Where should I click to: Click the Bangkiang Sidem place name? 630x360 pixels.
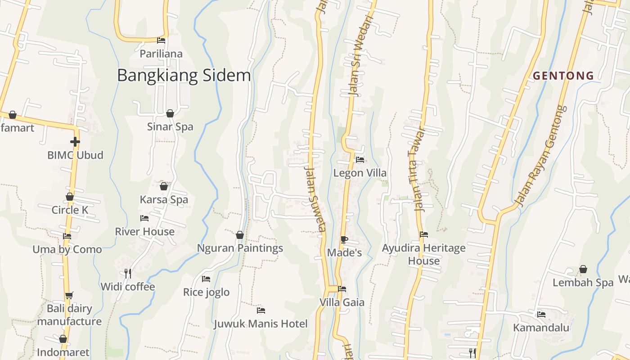pos(184,75)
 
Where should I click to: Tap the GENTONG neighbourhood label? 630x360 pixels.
pos(563,76)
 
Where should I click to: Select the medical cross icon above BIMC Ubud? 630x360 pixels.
pos(75,142)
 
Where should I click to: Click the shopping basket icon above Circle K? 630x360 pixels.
pos(70,197)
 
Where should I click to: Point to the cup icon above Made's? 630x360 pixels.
pos(344,239)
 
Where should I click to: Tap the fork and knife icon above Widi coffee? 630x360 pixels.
pos(128,273)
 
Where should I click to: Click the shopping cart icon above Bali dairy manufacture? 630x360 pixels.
pos(69,296)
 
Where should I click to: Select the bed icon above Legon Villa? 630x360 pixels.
pos(360,159)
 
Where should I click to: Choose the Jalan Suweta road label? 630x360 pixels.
pos(315,198)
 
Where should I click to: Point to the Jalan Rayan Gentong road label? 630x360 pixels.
pos(541,155)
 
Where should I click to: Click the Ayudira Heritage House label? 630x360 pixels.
pos(423,254)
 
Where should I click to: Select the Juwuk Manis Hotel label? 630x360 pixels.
pos(261,324)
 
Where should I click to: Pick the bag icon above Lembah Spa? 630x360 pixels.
pos(583,269)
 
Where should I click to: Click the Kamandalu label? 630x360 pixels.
pos(541,327)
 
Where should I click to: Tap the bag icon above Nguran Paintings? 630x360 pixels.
pos(240,235)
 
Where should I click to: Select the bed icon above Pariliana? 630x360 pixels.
pos(161,40)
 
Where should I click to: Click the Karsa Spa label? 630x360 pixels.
pos(164,199)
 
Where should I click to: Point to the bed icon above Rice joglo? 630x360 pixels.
pos(206,279)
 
